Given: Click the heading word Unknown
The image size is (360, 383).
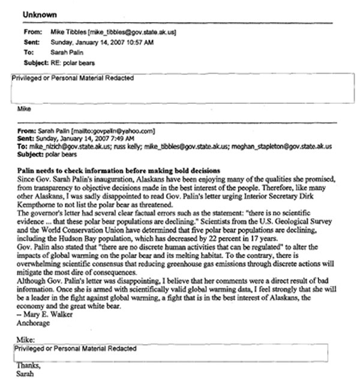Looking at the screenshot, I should pos(41,13).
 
